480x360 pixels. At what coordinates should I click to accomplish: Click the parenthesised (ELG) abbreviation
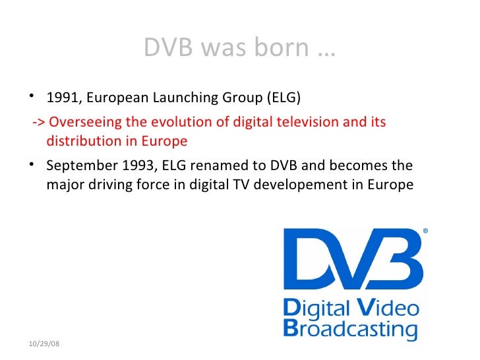pos(282,99)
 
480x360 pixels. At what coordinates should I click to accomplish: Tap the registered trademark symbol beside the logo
pos(425,231)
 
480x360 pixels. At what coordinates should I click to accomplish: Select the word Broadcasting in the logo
pos(350,328)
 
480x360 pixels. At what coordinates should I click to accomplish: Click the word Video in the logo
pos(388,307)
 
